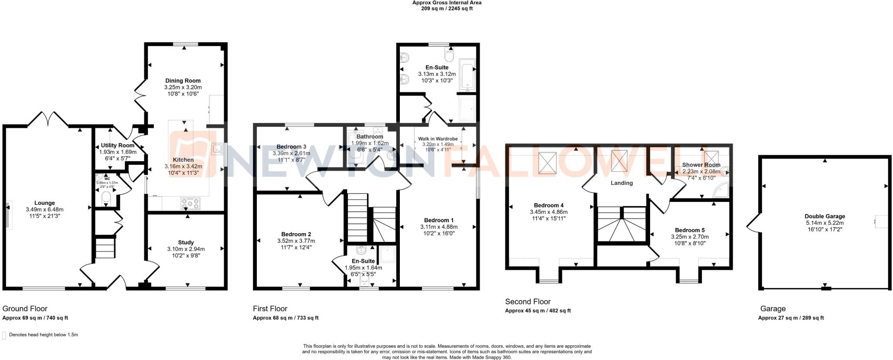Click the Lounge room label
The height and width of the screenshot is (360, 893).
click(x=44, y=203)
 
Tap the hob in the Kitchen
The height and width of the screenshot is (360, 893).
click(x=190, y=203)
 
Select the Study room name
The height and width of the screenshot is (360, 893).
click(x=186, y=242)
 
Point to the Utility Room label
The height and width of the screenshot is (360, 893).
click(x=118, y=146)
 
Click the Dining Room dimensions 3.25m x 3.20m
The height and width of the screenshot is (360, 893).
click(x=183, y=87)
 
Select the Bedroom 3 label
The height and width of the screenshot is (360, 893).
click(x=291, y=147)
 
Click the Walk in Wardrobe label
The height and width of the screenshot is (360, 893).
click(x=438, y=139)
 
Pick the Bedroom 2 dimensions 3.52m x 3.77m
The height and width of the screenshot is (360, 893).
click(x=296, y=241)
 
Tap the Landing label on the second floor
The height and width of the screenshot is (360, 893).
click(x=621, y=183)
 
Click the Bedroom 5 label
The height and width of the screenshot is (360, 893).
click(x=689, y=230)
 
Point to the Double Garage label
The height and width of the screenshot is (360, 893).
click(x=825, y=216)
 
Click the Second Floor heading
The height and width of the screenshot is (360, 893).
click(x=528, y=302)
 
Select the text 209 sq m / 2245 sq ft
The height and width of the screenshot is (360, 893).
click(x=446, y=9)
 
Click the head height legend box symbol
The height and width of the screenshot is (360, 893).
click(x=4, y=335)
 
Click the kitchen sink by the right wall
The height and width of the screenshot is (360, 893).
click(x=217, y=149)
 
